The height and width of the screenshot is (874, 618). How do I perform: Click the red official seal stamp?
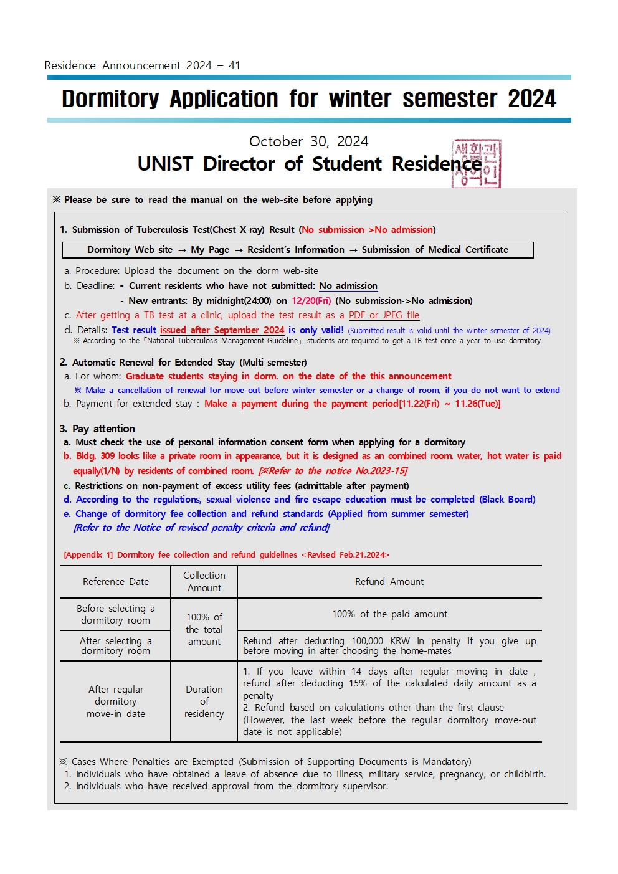(477, 163)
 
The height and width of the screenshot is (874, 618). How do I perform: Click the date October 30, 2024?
(309, 141)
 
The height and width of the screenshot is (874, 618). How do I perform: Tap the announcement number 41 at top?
(234, 65)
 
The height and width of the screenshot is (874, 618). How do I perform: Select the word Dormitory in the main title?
(110, 99)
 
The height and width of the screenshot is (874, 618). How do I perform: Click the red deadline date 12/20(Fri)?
(311, 301)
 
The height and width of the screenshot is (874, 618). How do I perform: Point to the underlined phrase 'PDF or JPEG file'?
(384, 315)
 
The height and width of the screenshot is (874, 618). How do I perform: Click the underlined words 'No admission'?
(348, 286)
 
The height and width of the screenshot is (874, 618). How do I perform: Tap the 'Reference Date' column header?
(116, 582)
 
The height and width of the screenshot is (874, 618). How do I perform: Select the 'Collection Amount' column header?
(204, 582)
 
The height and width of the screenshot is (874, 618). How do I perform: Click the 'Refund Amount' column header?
(389, 582)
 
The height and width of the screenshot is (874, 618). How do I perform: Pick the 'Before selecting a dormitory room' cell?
(116, 614)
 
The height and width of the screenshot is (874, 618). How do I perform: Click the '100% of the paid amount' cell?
(389, 614)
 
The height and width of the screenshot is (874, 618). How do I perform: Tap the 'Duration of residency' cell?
(204, 701)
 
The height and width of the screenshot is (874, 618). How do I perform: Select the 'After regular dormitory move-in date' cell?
(116, 701)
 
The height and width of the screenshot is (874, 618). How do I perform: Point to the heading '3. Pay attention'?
(97, 429)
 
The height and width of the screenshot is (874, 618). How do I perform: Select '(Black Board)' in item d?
(507, 500)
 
